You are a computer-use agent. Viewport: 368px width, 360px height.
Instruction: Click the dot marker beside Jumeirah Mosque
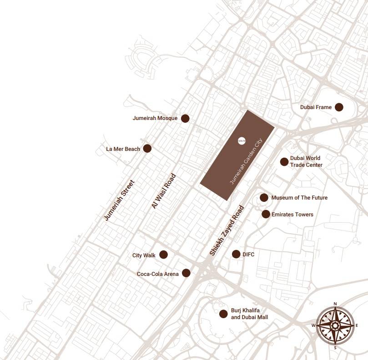click(185, 118)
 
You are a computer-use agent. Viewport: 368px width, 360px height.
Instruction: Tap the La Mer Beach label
click(123, 149)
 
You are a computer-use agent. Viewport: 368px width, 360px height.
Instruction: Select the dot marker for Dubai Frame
click(339, 107)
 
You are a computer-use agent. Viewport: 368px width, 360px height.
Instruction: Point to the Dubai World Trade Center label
click(306, 161)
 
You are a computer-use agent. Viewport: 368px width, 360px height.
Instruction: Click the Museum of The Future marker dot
click(264, 198)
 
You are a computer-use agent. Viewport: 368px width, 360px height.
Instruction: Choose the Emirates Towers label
click(292, 214)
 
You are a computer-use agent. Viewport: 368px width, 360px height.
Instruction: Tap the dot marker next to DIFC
click(236, 254)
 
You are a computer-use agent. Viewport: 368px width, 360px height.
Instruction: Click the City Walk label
click(144, 255)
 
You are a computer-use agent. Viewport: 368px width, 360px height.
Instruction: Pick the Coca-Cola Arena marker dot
click(186, 273)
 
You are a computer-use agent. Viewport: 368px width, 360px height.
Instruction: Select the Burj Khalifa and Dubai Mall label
click(249, 314)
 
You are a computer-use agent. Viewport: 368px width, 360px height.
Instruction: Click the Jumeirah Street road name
click(119, 200)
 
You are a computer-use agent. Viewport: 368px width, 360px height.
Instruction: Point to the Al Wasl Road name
click(163, 191)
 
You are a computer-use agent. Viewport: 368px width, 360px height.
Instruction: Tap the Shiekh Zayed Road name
click(227, 231)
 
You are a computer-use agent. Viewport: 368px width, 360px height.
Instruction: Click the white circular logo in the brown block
click(242, 140)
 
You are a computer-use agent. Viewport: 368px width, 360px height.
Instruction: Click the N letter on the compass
click(335, 304)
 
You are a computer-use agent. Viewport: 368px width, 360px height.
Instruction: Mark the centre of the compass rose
click(335, 325)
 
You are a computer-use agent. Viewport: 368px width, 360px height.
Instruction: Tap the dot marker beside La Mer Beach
click(147, 148)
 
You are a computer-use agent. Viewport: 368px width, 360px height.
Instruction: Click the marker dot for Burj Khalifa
click(223, 314)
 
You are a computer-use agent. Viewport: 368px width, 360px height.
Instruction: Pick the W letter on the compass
click(313, 325)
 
